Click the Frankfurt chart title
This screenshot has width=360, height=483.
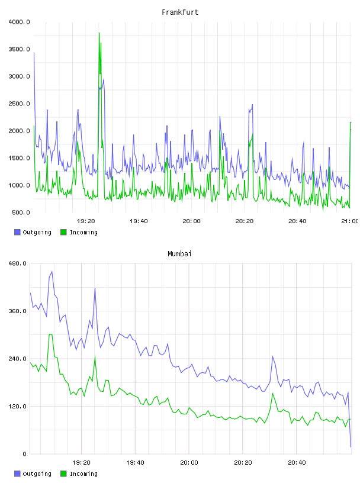click(x=180, y=12)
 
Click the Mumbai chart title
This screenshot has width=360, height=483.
click(x=179, y=254)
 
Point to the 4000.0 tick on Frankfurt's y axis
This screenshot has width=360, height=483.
click(x=19, y=22)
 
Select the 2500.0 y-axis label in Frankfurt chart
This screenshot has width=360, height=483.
click(x=19, y=104)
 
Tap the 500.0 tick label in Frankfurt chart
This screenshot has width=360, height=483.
click(x=21, y=212)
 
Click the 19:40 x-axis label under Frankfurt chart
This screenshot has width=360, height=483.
click(x=139, y=221)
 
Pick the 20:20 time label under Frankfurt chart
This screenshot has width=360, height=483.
click(x=245, y=221)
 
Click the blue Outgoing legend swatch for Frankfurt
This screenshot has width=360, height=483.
click(x=17, y=232)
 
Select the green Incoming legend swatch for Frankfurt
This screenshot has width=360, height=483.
click(x=63, y=232)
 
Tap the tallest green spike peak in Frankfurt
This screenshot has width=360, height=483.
click(x=99, y=33)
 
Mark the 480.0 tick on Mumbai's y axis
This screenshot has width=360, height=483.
click(x=18, y=263)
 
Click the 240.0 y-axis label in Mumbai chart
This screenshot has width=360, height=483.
click(x=18, y=359)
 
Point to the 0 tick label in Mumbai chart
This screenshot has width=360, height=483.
click(x=25, y=454)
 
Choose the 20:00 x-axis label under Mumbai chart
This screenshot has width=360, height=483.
click(x=189, y=463)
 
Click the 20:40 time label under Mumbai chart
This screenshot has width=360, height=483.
click(x=297, y=463)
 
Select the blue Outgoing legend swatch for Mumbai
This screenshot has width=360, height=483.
click(x=17, y=474)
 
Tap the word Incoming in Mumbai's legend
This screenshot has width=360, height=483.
click(x=83, y=474)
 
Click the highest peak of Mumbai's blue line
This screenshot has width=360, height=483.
click(x=52, y=272)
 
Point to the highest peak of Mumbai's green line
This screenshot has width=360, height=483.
click(x=50, y=334)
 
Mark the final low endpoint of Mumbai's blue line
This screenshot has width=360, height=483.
click(x=351, y=447)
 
